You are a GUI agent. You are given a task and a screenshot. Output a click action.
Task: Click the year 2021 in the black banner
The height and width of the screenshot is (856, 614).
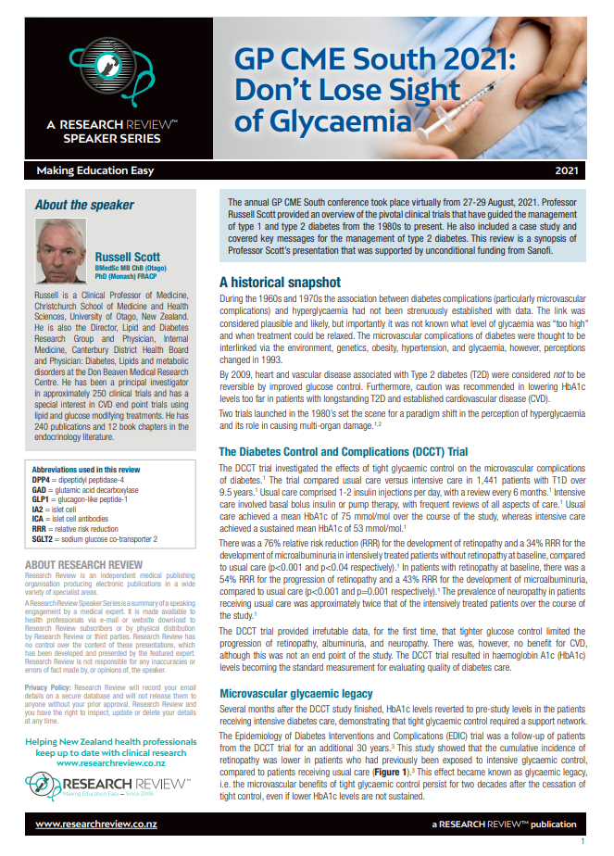592,171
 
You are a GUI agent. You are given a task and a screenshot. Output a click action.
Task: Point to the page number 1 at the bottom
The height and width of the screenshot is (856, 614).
582,841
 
